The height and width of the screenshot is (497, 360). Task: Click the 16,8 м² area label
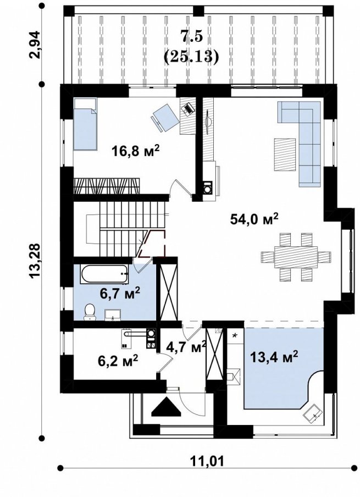pyautogui.click(x=135, y=151)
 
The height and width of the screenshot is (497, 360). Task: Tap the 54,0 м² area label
pyautogui.click(x=254, y=219)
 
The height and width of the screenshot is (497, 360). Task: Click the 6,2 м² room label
pyautogui.click(x=118, y=361)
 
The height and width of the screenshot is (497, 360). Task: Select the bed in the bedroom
pyautogui.click(x=85, y=124)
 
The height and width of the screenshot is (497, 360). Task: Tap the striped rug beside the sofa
pyautogui.click(x=286, y=154)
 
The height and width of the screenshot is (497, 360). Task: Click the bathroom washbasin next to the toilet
pyautogui.click(x=112, y=314)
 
